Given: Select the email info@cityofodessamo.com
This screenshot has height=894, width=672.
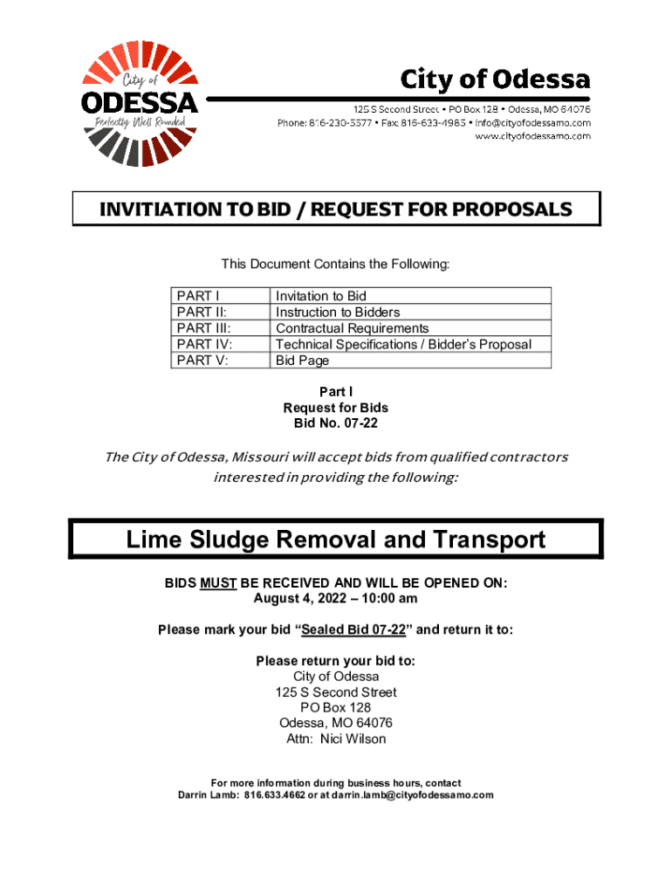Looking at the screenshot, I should pyautogui.click(x=533, y=123).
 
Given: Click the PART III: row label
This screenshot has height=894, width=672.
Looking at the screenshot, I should pyautogui.click(x=203, y=328).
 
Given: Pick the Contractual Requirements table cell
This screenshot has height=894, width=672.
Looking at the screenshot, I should pyautogui.click(x=352, y=328).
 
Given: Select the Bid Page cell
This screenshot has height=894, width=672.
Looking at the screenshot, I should pyautogui.click(x=302, y=360).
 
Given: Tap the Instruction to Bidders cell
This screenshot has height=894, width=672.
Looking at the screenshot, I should pyautogui.click(x=338, y=313).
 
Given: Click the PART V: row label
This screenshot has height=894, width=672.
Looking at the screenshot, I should pyautogui.click(x=202, y=360).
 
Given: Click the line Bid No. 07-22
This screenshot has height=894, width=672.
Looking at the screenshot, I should pyautogui.click(x=336, y=423).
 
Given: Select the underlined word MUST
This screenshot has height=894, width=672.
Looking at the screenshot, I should pyautogui.click(x=219, y=582).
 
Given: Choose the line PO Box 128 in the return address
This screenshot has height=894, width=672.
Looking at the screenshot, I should pyautogui.click(x=336, y=707).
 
